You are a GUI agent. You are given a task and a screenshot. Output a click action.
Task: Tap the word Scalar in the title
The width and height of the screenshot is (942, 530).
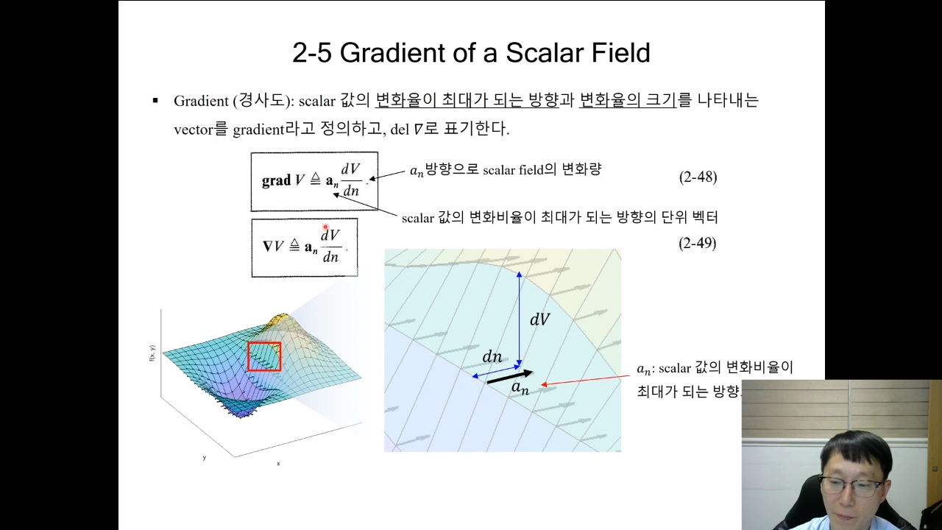click(545, 53)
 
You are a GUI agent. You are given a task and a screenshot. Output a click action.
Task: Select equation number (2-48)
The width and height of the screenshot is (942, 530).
click(698, 177)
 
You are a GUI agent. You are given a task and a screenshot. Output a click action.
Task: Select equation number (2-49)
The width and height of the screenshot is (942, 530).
click(697, 243)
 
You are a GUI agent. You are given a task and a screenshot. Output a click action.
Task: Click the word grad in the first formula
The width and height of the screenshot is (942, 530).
click(276, 180)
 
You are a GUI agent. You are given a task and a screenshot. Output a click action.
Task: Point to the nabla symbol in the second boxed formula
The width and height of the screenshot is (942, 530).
click(267, 246)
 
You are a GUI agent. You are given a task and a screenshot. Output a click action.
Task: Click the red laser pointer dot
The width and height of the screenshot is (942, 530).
click(325, 227)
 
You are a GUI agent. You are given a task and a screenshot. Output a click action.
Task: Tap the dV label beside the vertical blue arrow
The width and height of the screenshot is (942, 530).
click(539, 319)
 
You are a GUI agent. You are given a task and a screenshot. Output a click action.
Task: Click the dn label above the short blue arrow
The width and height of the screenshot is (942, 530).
click(492, 357)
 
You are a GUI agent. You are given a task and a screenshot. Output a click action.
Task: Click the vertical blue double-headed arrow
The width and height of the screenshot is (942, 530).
click(520, 319)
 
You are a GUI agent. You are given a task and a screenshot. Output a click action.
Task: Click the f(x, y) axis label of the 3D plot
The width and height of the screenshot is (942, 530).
click(152, 353)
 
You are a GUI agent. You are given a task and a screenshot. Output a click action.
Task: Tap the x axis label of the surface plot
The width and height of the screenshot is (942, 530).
click(278, 464)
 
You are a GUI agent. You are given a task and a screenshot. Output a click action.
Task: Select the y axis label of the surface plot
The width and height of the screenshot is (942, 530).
click(205, 457)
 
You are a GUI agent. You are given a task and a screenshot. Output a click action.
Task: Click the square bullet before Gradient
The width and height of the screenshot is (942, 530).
click(155, 101)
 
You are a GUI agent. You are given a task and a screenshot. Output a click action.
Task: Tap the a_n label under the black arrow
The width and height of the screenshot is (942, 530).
click(520, 388)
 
